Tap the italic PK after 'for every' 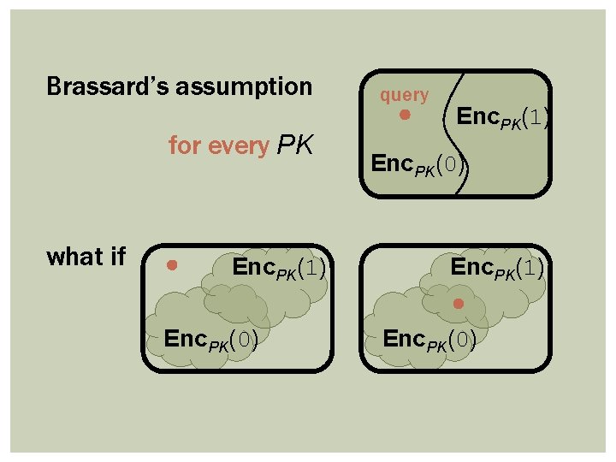(295, 146)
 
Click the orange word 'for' (183, 146)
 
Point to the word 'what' (74, 257)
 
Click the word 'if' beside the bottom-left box (117, 257)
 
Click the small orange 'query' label (405, 95)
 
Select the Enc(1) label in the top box (502, 117)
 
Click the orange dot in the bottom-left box (172, 265)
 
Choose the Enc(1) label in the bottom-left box (279, 268)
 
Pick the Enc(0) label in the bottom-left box (211, 339)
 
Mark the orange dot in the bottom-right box (459, 303)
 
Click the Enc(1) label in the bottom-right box (497, 268)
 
